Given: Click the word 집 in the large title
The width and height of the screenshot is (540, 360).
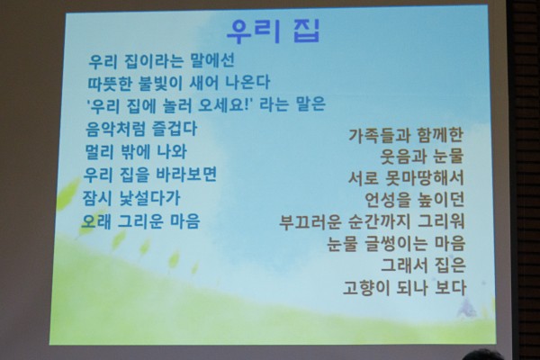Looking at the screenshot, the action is (307, 31).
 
